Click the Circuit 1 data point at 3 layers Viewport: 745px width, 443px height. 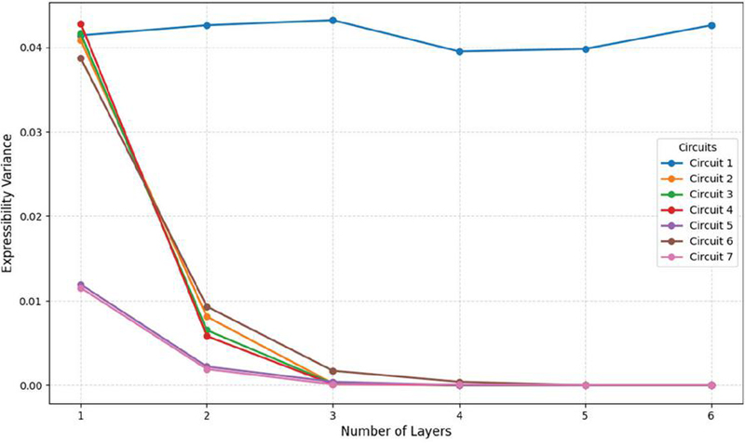click(x=333, y=20)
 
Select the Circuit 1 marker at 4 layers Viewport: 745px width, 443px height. click(x=459, y=51)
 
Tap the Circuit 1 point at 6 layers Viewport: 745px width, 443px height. click(x=711, y=26)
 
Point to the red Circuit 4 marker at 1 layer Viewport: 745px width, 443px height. click(x=81, y=24)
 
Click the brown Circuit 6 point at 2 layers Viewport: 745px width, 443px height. click(x=207, y=307)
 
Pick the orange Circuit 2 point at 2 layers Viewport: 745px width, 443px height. click(x=207, y=316)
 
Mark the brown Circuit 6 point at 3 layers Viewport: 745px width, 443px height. click(x=333, y=371)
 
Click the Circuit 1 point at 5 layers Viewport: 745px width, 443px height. click(x=586, y=49)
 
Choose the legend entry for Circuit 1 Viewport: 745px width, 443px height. click(x=697, y=164)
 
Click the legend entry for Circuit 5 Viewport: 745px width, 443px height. click(x=697, y=225)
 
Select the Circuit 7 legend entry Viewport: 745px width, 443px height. click(x=697, y=257)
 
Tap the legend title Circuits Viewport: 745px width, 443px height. click(x=698, y=147)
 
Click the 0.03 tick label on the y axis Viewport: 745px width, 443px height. click(x=33, y=132)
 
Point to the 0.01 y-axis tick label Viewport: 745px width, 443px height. click(x=33, y=301)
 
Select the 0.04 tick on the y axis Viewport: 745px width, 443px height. click(x=33, y=47)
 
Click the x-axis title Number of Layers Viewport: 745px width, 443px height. click(x=396, y=432)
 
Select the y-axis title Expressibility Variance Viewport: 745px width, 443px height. click(x=7, y=204)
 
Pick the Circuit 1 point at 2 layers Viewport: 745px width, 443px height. click(x=207, y=25)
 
